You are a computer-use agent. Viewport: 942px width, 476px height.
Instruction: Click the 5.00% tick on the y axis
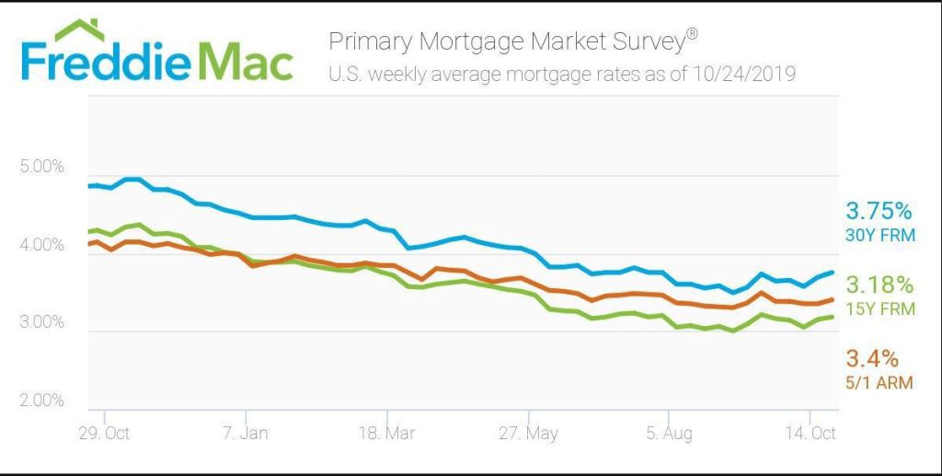tap(40, 168)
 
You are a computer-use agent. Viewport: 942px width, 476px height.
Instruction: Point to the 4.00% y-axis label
tap(40, 246)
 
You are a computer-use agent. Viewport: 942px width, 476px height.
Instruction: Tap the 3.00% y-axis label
tap(40, 323)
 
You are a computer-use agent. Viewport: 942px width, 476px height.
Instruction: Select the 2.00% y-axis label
tap(40, 401)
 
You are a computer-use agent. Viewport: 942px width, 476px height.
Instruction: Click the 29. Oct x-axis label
tap(105, 434)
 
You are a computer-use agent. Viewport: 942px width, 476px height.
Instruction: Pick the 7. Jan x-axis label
tap(246, 434)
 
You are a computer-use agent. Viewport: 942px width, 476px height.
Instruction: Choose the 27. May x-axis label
tap(527, 434)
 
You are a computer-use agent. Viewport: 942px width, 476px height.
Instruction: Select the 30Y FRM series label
tap(880, 235)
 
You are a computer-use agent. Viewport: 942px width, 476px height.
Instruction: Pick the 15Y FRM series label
tap(880, 309)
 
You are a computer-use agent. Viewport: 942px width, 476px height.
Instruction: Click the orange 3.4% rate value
tap(873, 358)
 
